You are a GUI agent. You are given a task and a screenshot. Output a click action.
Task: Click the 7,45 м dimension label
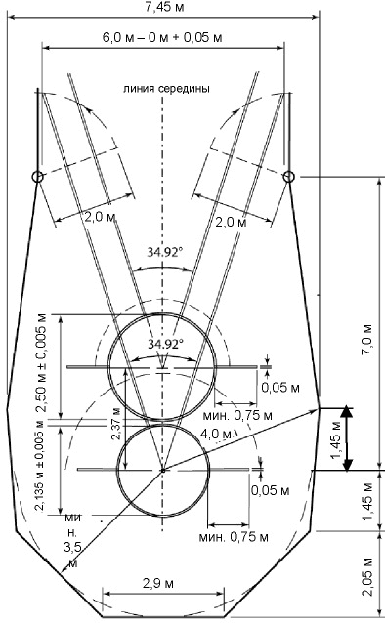click(164, 7)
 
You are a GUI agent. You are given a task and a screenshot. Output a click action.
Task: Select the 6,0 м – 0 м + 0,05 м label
click(162, 38)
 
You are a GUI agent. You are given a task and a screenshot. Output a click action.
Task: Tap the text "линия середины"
click(166, 88)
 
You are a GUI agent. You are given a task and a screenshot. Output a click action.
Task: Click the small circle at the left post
click(37, 177)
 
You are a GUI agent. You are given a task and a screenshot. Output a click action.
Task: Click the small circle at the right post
click(289, 177)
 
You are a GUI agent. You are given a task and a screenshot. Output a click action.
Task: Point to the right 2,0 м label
click(231, 222)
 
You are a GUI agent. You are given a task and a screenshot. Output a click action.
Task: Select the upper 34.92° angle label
click(165, 252)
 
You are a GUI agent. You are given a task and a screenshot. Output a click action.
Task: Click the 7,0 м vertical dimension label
click(367, 339)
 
